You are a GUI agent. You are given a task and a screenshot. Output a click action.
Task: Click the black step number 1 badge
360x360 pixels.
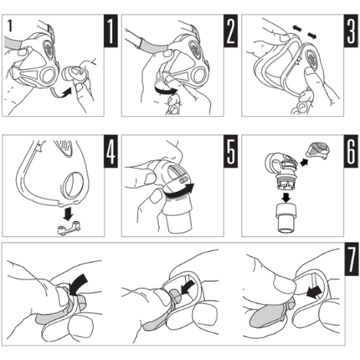click(111, 31)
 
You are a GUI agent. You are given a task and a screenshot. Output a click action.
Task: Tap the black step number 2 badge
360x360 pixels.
click(230, 31)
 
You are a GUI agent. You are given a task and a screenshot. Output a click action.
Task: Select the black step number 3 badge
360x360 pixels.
click(351, 31)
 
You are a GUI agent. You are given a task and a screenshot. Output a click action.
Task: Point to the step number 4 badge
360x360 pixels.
click(111, 151)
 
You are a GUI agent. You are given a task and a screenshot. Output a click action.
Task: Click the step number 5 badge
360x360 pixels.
click(230, 151)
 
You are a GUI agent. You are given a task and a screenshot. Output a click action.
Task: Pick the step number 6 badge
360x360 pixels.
click(351, 151)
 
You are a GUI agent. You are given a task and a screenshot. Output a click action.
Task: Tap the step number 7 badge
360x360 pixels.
click(352, 259)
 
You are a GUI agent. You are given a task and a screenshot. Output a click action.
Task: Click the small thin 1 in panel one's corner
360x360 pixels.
click(10, 25)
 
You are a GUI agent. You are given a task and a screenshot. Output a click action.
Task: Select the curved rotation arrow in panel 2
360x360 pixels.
click(165, 91)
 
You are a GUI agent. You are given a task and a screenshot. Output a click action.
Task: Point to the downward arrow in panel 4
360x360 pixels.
click(68, 213)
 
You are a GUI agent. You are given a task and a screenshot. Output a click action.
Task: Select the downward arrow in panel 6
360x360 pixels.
click(286, 198)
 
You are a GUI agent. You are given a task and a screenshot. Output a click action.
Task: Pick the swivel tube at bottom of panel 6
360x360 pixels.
click(286, 218)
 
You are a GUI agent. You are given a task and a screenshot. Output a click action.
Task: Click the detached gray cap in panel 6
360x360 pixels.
click(317, 150)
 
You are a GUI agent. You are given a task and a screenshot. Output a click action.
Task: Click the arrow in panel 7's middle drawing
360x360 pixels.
click(188, 286)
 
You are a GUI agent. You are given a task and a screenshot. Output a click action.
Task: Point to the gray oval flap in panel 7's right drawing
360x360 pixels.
click(266, 315)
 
